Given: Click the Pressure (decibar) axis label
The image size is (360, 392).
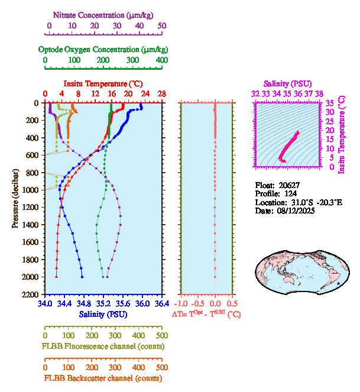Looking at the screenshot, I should (15, 198).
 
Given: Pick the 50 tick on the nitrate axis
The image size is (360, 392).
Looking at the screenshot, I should (161, 26).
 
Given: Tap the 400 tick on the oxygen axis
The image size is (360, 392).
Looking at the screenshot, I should (161, 60).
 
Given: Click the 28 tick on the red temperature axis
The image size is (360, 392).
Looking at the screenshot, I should (161, 94).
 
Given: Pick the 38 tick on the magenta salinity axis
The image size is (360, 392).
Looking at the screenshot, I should (319, 93).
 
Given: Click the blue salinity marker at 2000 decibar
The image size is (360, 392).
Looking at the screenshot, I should (82, 277).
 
